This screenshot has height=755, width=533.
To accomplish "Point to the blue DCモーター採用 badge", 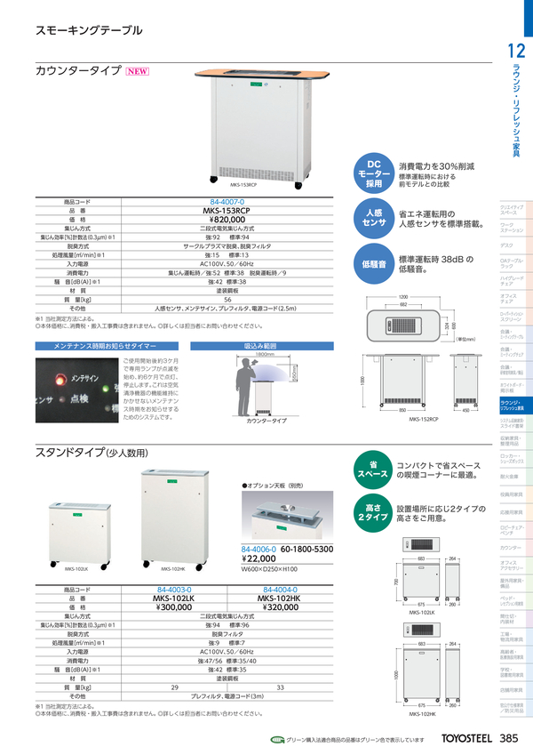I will point(374,173).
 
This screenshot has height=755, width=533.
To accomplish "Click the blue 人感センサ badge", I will point(374,220).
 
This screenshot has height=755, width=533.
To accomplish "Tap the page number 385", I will point(509,738).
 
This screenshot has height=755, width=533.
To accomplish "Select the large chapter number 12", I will point(515,52).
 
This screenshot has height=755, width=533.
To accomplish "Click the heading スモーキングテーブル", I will point(88,30).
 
